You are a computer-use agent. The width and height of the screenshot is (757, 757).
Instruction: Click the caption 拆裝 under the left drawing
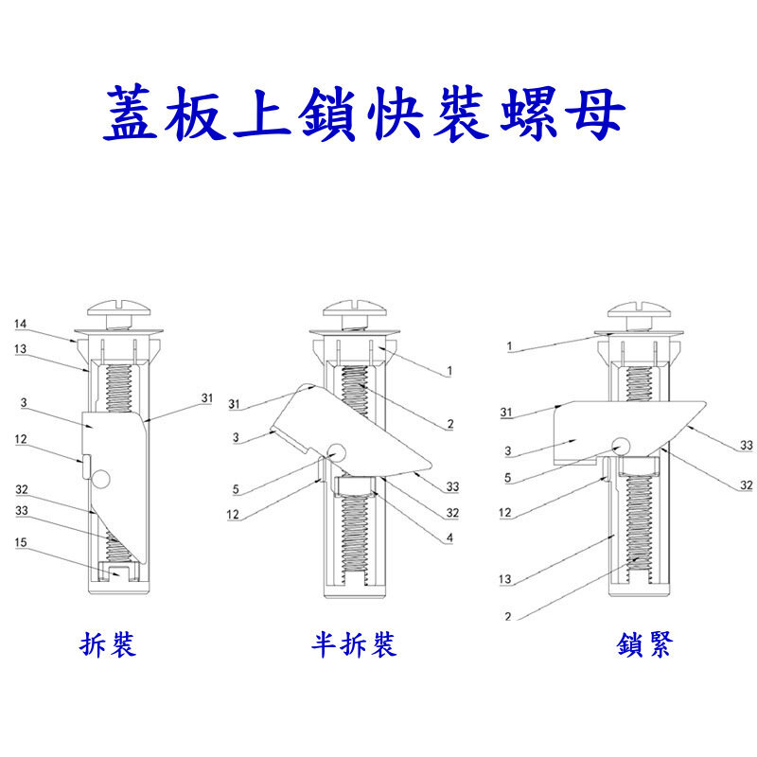[x=108, y=645]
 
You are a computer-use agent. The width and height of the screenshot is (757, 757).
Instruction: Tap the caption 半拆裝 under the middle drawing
[x=354, y=645]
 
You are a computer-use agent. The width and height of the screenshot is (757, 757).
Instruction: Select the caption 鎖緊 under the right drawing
[x=645, y=645]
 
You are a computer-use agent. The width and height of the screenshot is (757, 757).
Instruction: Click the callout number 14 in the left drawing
[x=20, y=325]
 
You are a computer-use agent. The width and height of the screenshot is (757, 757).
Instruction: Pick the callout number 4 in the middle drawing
[x=450, y=539]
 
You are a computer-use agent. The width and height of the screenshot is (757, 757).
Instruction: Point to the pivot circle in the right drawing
[x=621, y=444]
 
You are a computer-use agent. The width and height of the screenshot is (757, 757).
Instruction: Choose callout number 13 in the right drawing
[x=507, y=578]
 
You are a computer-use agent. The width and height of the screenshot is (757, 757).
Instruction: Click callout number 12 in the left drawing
[x=20, y=439]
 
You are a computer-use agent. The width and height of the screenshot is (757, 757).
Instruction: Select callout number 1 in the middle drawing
[x=451, y=371]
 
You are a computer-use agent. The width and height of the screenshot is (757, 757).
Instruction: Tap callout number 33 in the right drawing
[x=746, y=445]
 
